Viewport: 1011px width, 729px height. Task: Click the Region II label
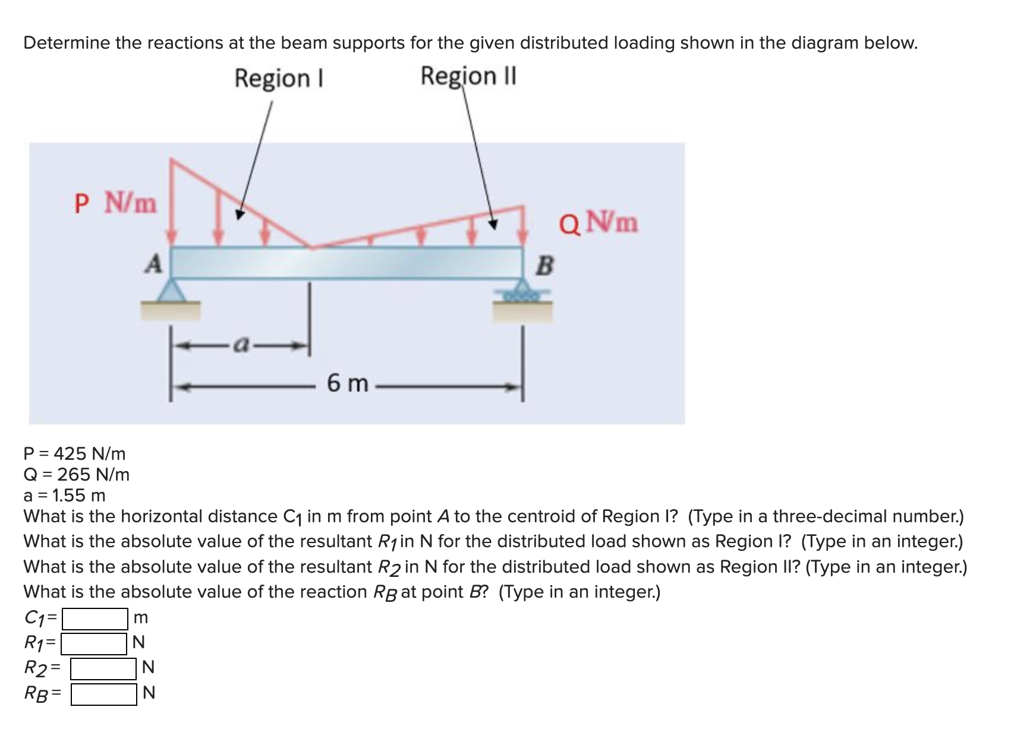click(x=468, y=76)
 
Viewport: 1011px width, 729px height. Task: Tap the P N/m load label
click(x=116, y=204)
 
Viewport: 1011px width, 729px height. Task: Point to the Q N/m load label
click(x=599, y=223)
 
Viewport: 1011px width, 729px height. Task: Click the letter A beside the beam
click(x=154, y=263)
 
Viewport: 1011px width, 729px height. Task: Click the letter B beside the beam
click(x=544, y=266)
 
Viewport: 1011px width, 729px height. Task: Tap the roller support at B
click(x=522, y=295)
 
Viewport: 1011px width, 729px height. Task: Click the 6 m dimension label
click(x=348, y=384)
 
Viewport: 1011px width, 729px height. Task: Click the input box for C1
click(x=95, y=618)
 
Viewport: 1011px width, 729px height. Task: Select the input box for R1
click(x=94, y=643)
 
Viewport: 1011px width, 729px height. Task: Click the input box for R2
click(x=104, y=668)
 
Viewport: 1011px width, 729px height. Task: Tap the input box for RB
click(x=104, y=694)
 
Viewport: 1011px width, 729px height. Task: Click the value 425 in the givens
click(x=70, y=454)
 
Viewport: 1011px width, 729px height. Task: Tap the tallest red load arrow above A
click(x=172, y=202)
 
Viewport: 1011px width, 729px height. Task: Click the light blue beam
click(x=347, y=261)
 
